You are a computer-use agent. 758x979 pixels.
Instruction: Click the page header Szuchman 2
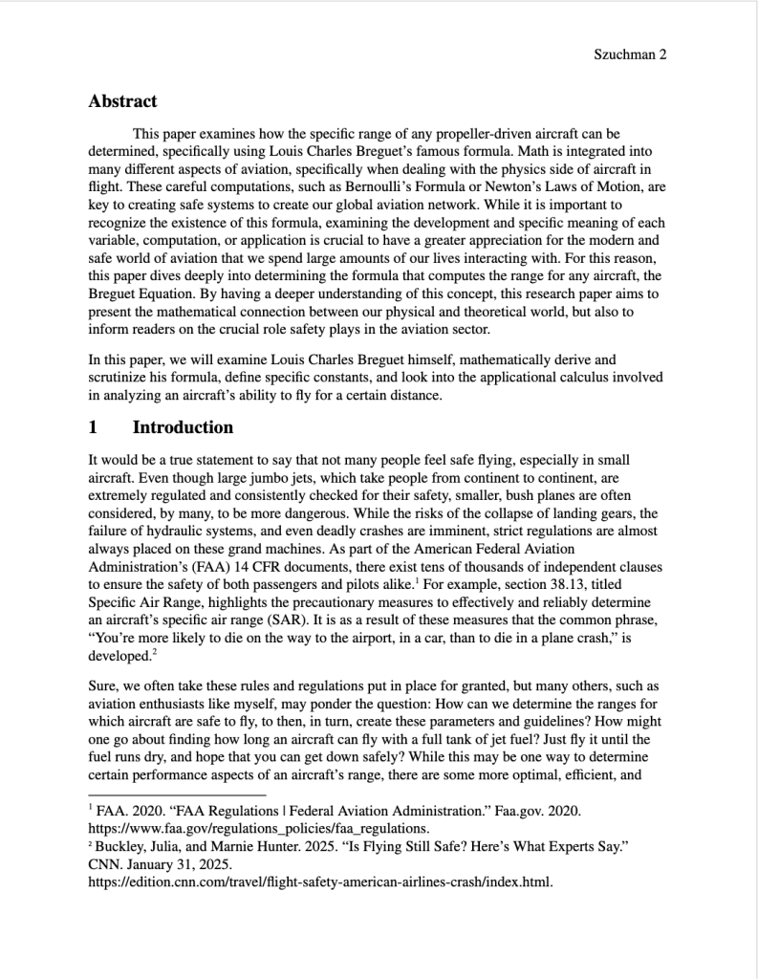(x=630, y=54)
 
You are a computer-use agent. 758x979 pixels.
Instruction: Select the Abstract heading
(x=122, y=100)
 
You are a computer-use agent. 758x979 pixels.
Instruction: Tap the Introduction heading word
(x=183, y=426)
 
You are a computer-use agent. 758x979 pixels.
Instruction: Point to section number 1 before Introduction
(x=93, y=426)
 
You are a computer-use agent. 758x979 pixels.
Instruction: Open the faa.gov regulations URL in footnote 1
(x=258, y=828)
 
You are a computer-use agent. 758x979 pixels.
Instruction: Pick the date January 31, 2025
(x=171, y=864)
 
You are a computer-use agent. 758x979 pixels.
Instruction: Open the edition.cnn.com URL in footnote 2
(x=319, y=881)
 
